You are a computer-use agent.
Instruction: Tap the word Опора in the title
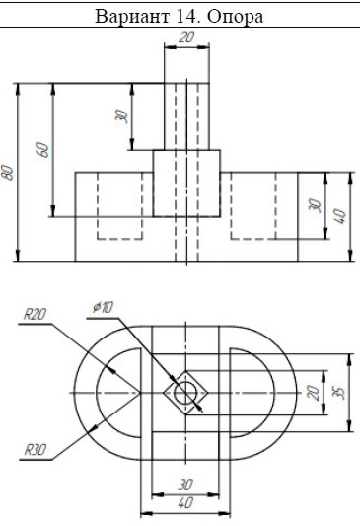coord(236,17)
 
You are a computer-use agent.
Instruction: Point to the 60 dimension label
coord(43,150)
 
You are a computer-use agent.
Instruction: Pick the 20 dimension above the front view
coord(186,37)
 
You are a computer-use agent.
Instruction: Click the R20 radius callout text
coord(35,314)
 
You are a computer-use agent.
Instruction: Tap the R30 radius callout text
coord(36,450)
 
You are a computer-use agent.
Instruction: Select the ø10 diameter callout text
coord(104,307)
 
